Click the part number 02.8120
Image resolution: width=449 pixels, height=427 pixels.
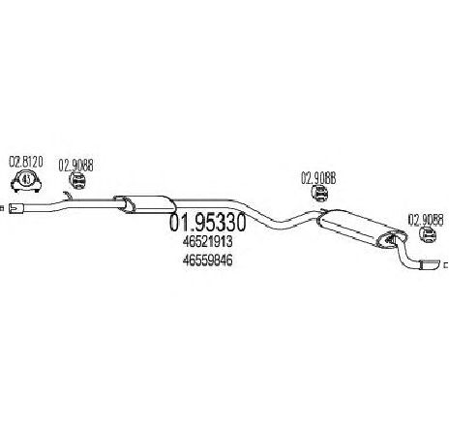(x=26, y=162)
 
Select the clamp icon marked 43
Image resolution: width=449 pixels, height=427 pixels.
(x=26, y=181)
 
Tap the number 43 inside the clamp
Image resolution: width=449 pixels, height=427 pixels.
(x=27, y=178)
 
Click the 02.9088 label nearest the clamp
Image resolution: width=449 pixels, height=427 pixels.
(x=75, y=166)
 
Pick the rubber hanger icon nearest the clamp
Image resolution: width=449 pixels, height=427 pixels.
(x=77, y=180)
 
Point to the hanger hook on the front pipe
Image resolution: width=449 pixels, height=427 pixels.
(x=68, y=196)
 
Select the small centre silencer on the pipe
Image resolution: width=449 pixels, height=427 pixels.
(x=144, y=204)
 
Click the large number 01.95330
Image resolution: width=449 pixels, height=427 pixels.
(x=208, y=223)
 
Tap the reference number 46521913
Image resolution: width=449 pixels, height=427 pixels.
(x=207, y=241)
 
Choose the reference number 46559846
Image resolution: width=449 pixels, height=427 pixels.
(x=207, y=260)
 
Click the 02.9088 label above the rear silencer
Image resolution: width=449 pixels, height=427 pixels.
(x=318, y=178)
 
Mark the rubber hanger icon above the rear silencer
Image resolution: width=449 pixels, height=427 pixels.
(x=319, y=194)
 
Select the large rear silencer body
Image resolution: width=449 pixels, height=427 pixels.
(x=361, y=229)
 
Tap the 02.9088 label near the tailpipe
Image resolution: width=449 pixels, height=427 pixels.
(x=426, y=220)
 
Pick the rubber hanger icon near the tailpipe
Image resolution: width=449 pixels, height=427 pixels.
(x=428, y=234)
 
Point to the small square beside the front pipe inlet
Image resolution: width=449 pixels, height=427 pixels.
(x=2, y=208)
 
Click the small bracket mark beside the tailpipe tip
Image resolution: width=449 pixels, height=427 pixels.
(x=446, y=265)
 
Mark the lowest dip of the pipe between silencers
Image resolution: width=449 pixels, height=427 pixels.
(x=277, y=225)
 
